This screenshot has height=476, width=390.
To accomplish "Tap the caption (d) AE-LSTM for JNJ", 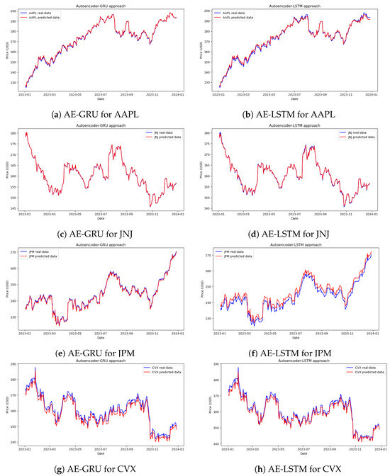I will point(291,233).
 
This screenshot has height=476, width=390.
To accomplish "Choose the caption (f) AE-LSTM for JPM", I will point(291,351).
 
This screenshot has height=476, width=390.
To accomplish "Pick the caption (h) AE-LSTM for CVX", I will point(291,469).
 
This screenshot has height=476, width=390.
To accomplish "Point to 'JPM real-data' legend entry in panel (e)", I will point(45,250).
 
